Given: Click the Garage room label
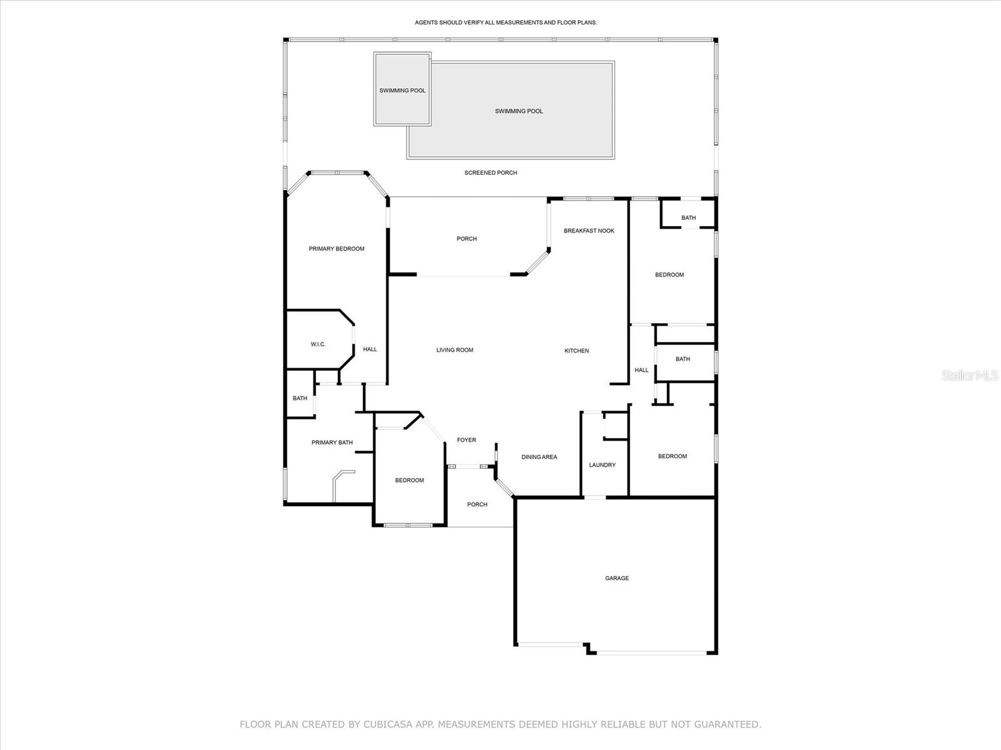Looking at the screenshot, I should point(616,578).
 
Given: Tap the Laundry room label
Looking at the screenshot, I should point(602,465).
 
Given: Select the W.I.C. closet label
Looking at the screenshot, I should point(318,344).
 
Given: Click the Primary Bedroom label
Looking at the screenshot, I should point(336,249).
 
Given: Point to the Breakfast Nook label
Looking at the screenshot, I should point(589,231).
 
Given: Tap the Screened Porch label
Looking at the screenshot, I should point(490,172).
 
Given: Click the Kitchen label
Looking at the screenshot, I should point(576,351).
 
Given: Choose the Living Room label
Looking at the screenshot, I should point(454,350).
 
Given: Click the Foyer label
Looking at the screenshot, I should point(466,440).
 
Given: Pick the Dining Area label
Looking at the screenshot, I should point(539,457).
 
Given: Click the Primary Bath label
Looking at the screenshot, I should point(332,442).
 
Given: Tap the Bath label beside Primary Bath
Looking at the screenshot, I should point(300,398).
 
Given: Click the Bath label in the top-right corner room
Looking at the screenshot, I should point(688,217).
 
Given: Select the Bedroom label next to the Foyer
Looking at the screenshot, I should point(409,480).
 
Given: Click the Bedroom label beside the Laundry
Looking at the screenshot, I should point(672,456).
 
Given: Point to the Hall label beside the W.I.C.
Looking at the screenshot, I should point(370,349).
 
